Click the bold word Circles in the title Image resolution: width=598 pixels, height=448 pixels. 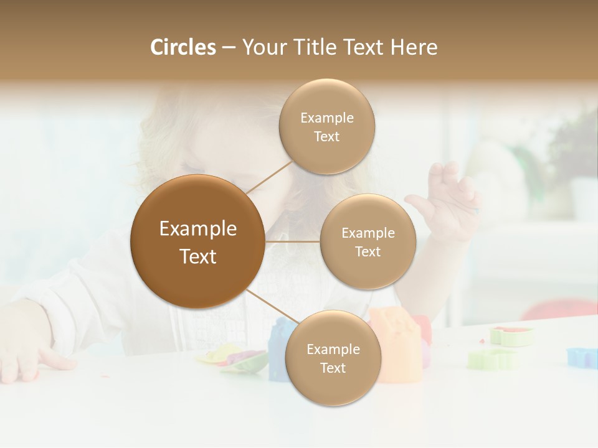tap(183, 47)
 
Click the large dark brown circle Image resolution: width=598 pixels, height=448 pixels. tap(197, 241)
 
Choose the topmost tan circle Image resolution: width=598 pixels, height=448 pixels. tap(327, 126)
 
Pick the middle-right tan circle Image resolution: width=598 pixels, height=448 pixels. tap(368, 241)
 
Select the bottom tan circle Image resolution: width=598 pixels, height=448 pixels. tap(333, 358)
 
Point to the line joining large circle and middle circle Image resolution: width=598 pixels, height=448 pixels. tap(292, 241)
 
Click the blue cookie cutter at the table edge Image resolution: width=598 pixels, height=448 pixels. tap(582, 357)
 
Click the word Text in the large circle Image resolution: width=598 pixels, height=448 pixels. tap(198, 256)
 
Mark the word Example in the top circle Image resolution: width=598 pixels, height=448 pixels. tap(327, 118)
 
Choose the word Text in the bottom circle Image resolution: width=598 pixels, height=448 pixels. tap(333, 368)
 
